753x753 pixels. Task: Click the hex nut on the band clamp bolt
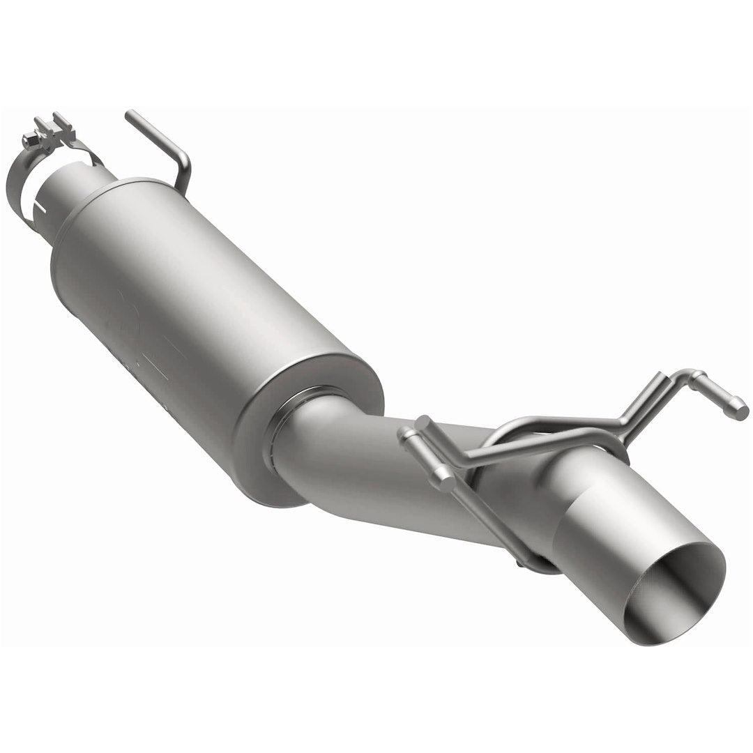(x=29, y=140)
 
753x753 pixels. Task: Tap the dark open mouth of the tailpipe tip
(x=680, y=593)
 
